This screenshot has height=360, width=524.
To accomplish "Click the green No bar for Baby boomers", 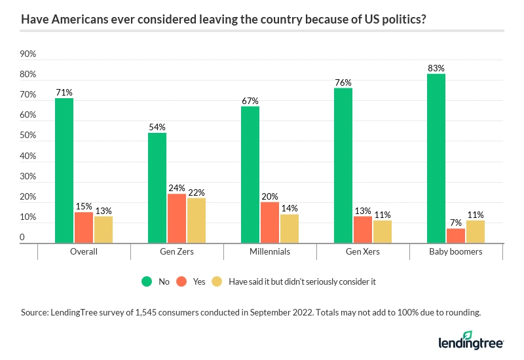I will tap(436, 158).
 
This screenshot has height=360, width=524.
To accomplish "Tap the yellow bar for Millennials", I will tap(289, 228).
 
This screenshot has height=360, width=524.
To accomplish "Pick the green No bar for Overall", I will tap(64, 171).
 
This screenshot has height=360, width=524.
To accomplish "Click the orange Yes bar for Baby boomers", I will tap(455, 236).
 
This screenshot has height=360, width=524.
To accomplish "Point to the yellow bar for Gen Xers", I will tap(382, 232).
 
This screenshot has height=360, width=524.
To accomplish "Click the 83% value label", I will tap(436, 67).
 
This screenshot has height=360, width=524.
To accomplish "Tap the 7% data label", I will tap(455, 223).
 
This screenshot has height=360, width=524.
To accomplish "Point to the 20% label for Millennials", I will tap(270, 196).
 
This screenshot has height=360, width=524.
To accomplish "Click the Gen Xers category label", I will tap(363, 251).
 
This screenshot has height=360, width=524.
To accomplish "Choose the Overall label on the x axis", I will tap(83, 251).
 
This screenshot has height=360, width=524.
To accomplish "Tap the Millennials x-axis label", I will tap(270, 251).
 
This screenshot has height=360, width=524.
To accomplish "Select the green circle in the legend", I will tap(147, 281).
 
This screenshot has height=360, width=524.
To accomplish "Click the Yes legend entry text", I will tap(198, 281).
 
